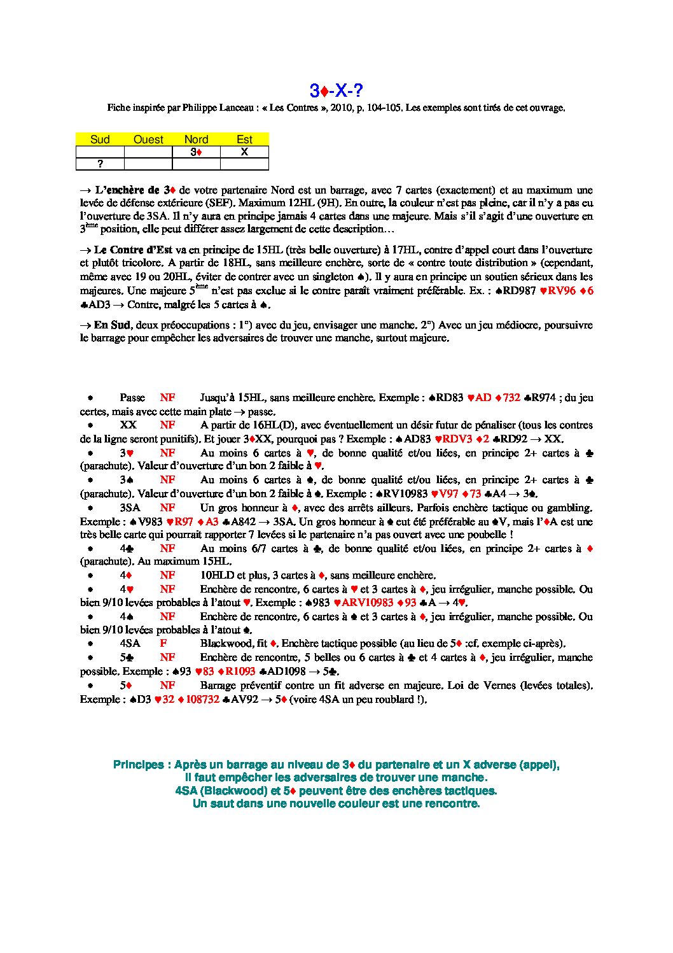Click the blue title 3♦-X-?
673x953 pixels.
(336, 90)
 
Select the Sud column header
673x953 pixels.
(100, 139)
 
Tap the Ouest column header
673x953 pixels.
(148, 139)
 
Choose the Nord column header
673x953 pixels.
(196, 139)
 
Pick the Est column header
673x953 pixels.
(244, 139)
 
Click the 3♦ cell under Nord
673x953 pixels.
(196, 152)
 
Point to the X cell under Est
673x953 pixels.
(244, 152)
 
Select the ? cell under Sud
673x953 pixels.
(100, 164)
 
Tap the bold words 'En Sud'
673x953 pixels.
(111, 325)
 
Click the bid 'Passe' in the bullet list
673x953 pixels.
(132, 398)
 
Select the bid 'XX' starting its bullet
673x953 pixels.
(128, 425)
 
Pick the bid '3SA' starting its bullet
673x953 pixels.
(130, 508)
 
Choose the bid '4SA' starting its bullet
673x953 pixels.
(130, 644)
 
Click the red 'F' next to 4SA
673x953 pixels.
(163, 644)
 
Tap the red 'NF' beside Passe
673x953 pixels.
(167, 398)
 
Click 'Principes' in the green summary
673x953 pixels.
(138, 765)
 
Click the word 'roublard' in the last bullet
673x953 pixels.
(385, 699)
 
